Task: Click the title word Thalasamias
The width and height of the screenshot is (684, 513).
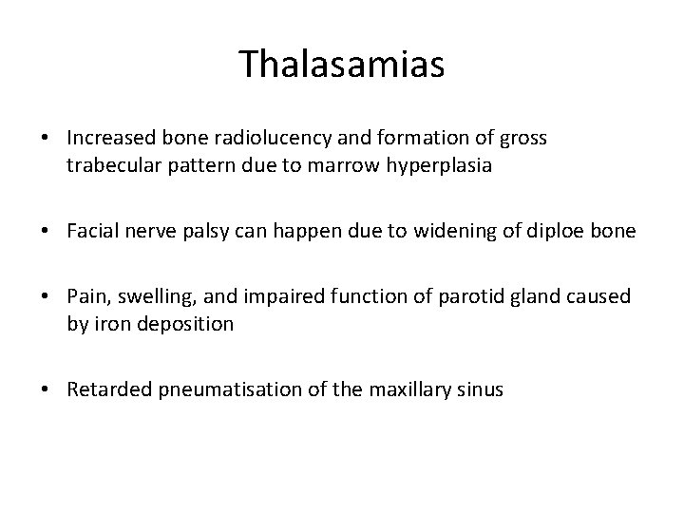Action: point(341,64)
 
